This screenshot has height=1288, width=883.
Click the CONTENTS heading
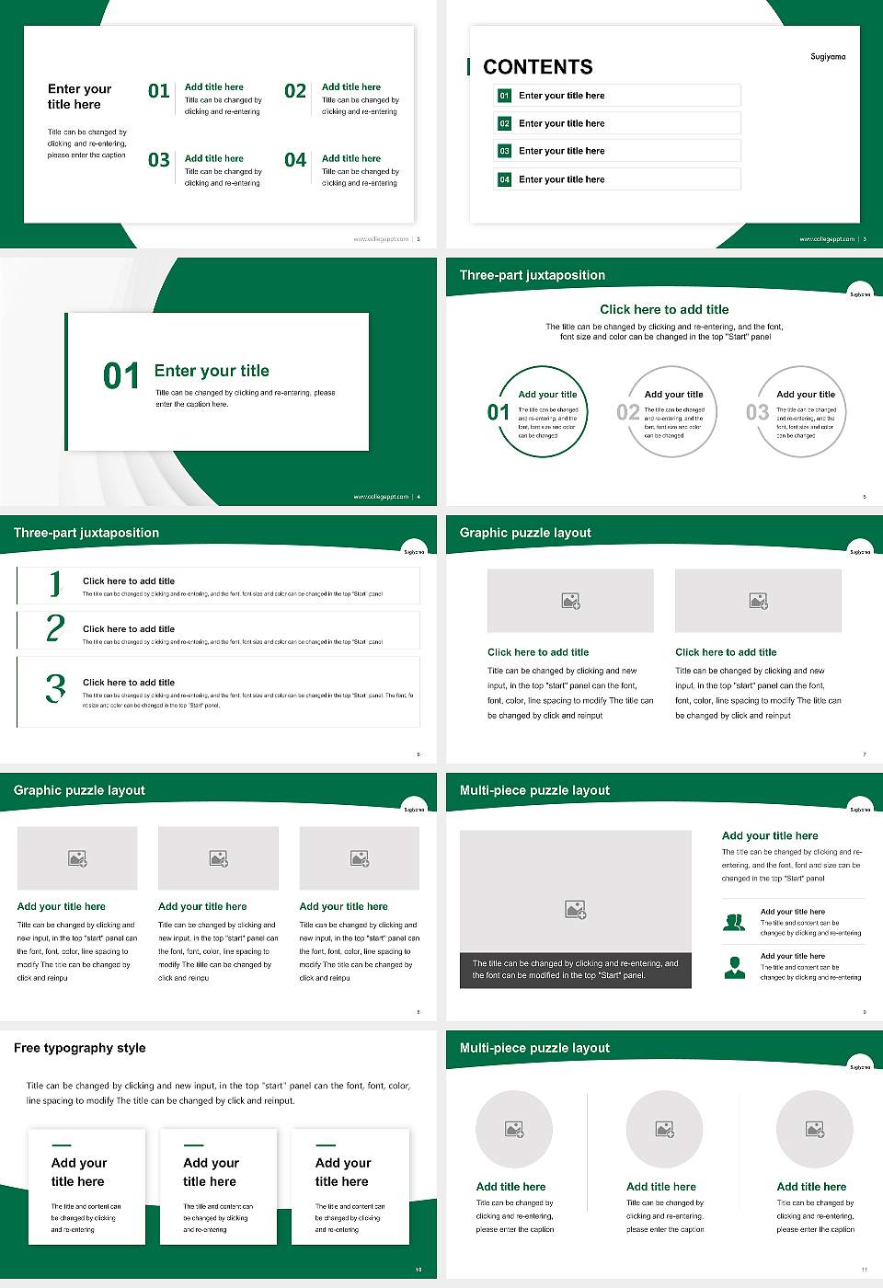(x=538, y=67)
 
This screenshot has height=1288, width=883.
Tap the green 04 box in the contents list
(x=504, y=179)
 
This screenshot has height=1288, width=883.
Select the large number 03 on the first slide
(x=159, y=160)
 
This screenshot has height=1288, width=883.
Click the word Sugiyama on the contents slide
(x=828, y=57)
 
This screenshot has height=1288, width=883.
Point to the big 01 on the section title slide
(x=121, y=375)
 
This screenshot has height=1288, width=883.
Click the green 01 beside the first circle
(x=499, y=412)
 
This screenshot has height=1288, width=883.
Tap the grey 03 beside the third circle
(x=757, y=412)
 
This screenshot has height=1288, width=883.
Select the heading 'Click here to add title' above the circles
(x=664, y=310)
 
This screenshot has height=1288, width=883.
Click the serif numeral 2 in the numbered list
(x=55, y=628)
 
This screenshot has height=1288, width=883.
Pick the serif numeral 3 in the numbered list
(x=55, y=688)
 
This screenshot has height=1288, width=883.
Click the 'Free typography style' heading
(x=80, y=1048)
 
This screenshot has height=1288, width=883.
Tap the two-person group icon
(x=734, y=922)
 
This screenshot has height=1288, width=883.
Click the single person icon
(x=734, y=967)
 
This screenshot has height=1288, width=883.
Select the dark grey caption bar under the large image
(x=575, y=970)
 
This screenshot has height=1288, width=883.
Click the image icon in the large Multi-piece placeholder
(x=575, y=910)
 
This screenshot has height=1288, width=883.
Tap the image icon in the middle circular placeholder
(x=664, y=1129)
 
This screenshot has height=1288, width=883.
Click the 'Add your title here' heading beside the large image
(x=770, y=836)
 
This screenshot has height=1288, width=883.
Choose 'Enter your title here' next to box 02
(x=561, y=123)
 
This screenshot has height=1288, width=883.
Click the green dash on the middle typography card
(x=194, y=1145)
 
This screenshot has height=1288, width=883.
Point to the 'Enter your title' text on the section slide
(x=212, y=371)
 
